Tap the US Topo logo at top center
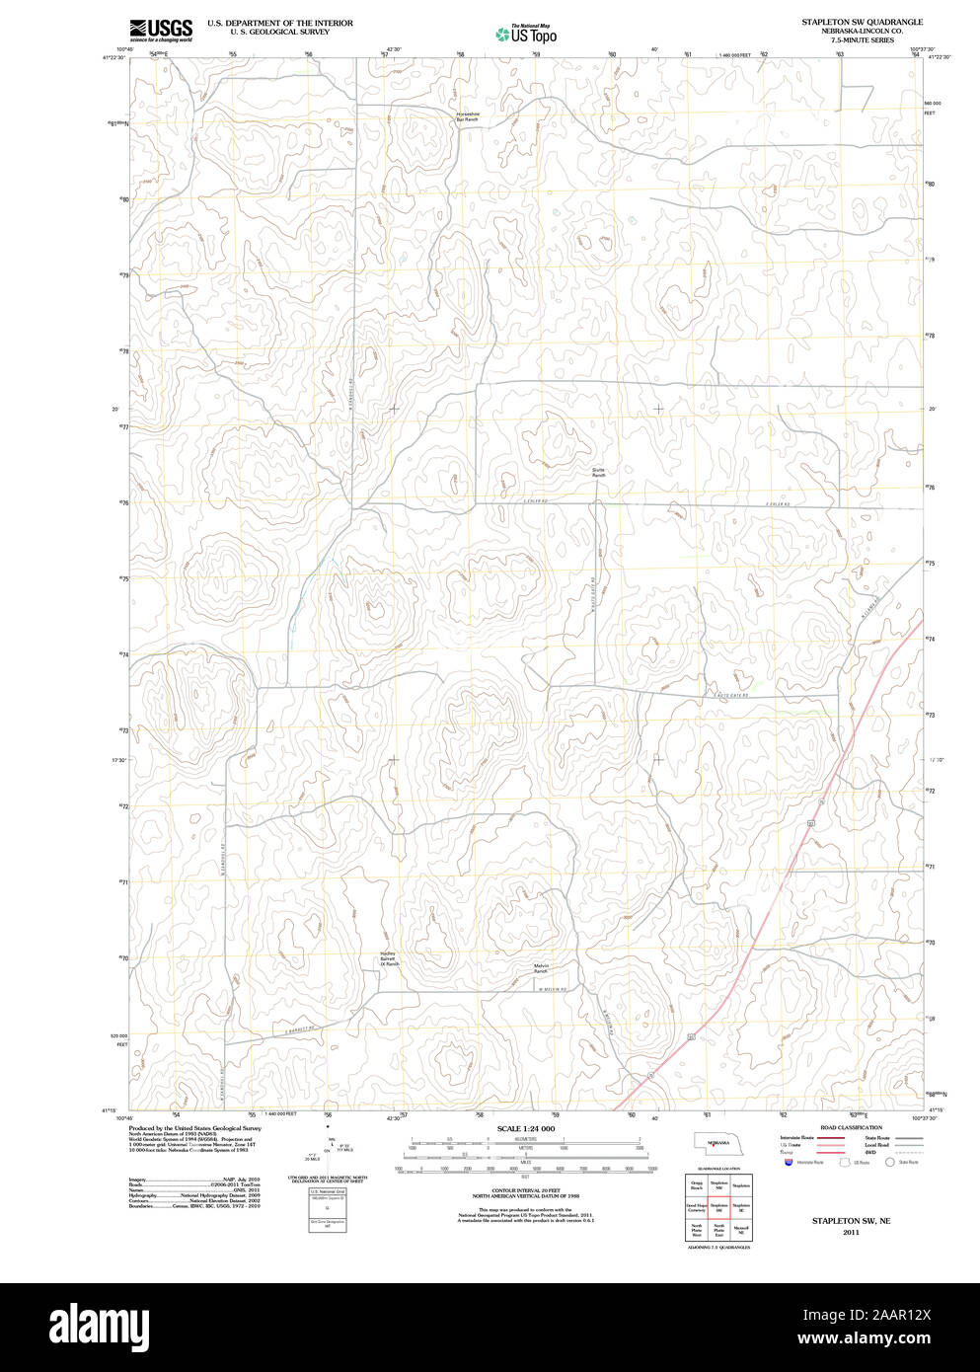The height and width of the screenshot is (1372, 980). [x=527, y=35]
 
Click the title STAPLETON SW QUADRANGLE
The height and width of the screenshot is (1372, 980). [x=862, y=22]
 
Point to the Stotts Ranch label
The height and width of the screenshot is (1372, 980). [x=598, y=472]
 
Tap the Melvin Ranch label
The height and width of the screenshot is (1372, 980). [x=541, y=968]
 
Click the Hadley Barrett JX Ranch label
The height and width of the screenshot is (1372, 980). [x=389, y=957]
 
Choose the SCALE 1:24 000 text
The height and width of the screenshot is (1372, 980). [x=526, y=1128]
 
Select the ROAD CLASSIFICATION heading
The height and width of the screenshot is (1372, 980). [x=851, y=1127]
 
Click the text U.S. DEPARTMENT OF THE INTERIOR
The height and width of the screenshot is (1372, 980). [x=279, y=23]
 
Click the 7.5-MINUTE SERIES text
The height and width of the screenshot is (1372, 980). [x=862, y=40]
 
